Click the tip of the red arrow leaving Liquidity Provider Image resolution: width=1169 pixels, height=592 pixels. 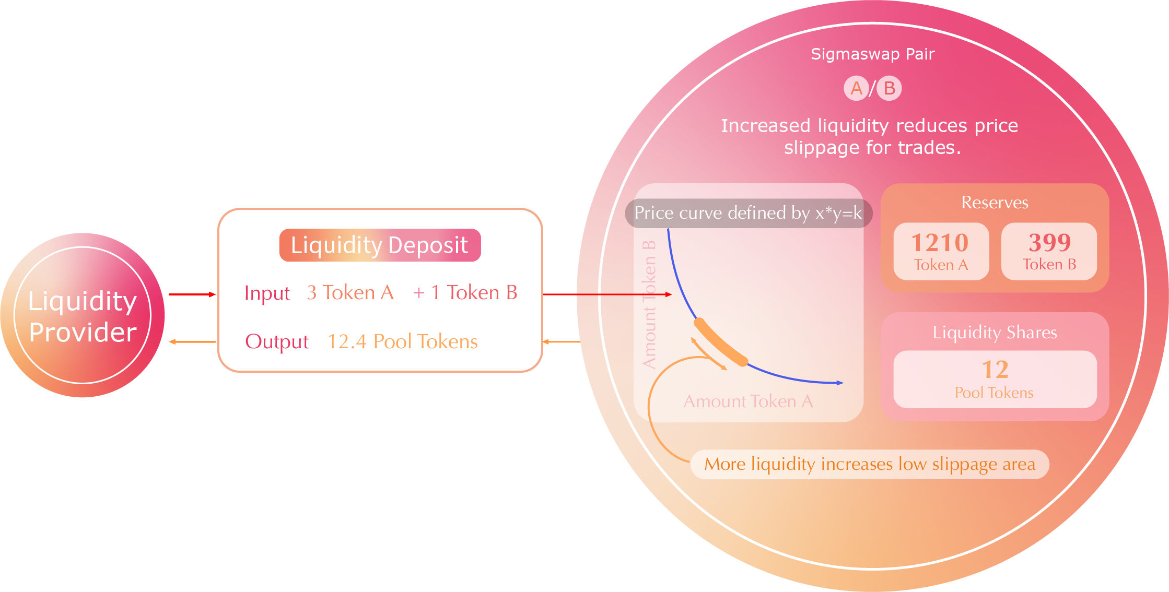click(216, 294)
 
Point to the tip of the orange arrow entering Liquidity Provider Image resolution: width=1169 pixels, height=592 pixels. click(169, 342)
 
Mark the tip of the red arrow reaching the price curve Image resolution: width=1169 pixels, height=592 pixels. click(672, 294)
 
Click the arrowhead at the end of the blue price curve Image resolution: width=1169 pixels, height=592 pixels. click(843, 383)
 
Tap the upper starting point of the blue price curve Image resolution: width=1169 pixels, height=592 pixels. click(668, 230)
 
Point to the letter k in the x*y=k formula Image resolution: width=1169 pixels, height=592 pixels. click(857, 213)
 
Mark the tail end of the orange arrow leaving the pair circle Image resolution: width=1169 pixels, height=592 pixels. click(580, 342)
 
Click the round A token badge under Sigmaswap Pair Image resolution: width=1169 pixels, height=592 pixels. click(856, 88)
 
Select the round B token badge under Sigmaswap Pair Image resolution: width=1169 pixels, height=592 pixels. click(889, 88)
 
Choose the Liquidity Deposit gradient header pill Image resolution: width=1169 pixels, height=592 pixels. click(380, 245)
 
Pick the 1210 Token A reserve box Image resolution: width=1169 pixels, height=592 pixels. click(941, 252)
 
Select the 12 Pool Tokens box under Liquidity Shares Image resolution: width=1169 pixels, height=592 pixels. click(995, 380)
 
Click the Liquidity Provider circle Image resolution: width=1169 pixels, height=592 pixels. click(83, 315)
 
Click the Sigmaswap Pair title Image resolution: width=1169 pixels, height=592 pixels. click(873, 54)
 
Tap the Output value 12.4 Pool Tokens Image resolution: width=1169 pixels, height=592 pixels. click(403, 342)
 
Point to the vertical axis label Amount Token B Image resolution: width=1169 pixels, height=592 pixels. click(649, 305)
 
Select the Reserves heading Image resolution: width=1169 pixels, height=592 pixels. click(995, 203)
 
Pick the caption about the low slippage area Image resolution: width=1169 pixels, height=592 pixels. click(870, 464)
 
